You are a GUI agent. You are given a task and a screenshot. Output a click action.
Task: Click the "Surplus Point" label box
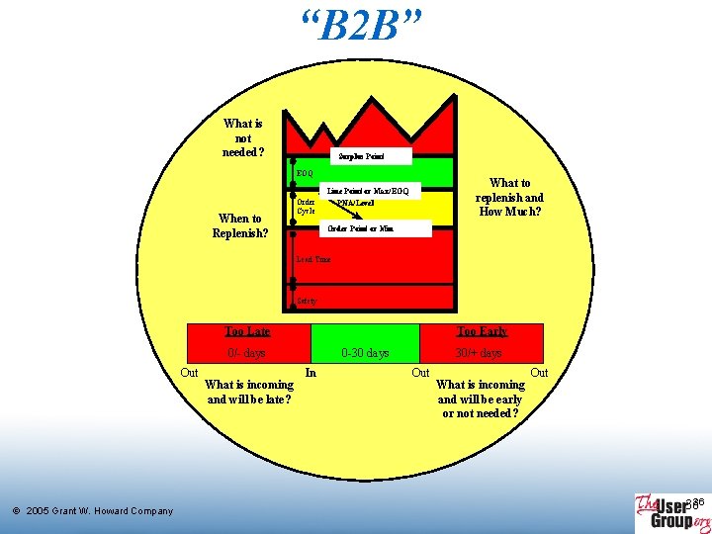(x=360, y=156)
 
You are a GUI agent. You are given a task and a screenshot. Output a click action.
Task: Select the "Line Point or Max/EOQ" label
(x=368, y=190)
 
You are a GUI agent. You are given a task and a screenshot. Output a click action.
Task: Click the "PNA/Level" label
(x=355, y=203)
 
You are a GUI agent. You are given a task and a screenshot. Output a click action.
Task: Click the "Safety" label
(x=307, y=301)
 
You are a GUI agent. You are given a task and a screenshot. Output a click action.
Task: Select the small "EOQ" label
(x=304, y=173)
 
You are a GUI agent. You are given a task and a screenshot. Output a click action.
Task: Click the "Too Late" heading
(x=247, y=331)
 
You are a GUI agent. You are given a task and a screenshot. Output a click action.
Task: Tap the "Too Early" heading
(x=482, y=331)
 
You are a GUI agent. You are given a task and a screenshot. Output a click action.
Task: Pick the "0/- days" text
(x=246, y=353)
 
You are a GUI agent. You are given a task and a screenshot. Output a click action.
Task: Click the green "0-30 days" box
(x=365, y=353)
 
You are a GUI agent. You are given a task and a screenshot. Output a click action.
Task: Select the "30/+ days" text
(x=479, y=353)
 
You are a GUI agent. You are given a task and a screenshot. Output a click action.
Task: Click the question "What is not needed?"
(x=243, y=137)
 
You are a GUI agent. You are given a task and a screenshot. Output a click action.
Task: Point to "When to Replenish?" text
(x=240, y=225)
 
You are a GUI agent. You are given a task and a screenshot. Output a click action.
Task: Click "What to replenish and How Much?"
(x=509, y=197)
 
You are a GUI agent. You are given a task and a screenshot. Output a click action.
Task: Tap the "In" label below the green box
(x=311, y=373)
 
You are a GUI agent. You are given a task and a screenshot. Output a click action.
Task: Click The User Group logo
(x=671, y=512)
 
